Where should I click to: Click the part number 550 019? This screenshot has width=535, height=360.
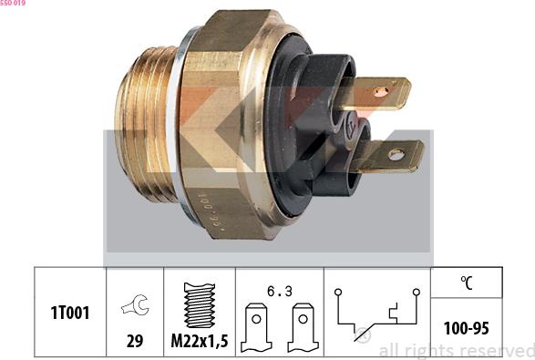[13, 4]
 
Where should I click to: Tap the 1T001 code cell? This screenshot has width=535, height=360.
[69, 314]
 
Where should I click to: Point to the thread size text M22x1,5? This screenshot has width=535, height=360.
[198, 341]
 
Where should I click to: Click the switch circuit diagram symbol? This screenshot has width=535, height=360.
[376, 315]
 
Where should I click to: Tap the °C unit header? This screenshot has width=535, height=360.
[466, 283]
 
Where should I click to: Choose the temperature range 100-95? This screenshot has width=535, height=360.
[466, 326]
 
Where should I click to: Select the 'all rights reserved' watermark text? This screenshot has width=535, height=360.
[456, 350]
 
